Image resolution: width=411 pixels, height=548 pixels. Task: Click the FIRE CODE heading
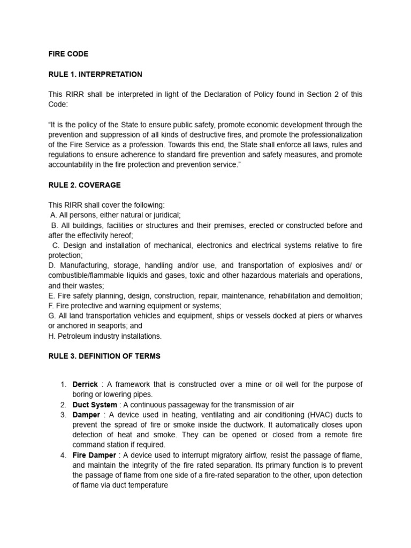tap(68, 54)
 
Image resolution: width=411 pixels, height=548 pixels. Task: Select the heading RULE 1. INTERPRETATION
tap(95, 74)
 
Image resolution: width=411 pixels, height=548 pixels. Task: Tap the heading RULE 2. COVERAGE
tap(84, 185)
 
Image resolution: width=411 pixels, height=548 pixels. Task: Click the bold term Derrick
tap(85, 385)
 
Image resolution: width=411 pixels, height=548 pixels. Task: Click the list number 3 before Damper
tap(63, 415)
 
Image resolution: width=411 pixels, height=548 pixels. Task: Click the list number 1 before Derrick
tap(63, 385)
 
